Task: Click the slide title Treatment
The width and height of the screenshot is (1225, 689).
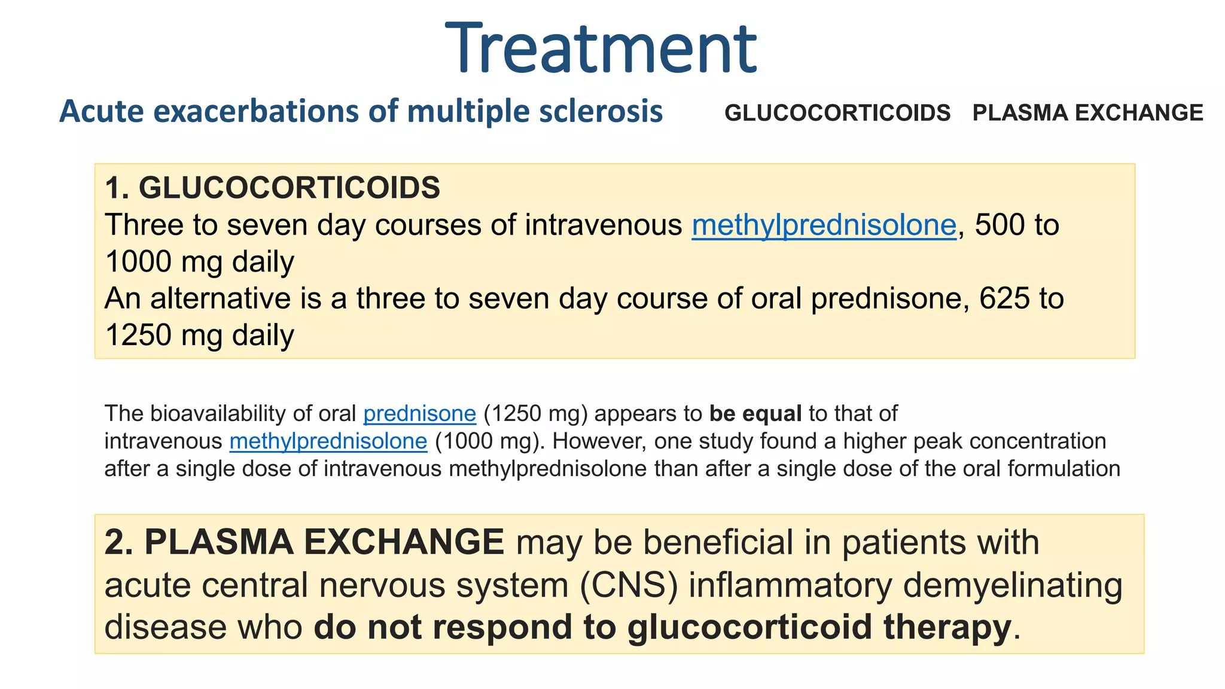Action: pyautogui.click(x=601, y=49)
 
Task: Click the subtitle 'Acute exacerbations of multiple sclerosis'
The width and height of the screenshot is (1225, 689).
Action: pyautogui.click(x=361, y=111)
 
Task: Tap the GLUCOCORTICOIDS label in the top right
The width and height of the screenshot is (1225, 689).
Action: pyautogui.click(x=837, y=113)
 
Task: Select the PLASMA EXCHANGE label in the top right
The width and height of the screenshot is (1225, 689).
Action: pyautogui.click(x=1087, y=113)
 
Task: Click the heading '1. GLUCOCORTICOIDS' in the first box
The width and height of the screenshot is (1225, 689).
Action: pyautogui.click(x=272, y=188)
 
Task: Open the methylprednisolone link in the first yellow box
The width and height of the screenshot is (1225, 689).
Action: pyautogui.click(x=824, y=225)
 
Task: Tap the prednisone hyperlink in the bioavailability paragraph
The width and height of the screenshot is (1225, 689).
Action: pyautogui.click(x=419, y=414)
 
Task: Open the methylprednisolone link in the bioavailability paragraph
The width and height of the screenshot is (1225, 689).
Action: pyautogui.click(x=328, y=441)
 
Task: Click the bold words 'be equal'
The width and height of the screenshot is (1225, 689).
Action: pyautogui.click(x=755, y=414)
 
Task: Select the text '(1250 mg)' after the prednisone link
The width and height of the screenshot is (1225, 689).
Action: pyautogui.click(x=535, y=414)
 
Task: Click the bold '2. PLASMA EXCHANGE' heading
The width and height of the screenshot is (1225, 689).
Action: pyautogui.click(x=304, y=542)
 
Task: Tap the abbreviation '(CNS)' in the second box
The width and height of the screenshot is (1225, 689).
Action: pyautogui.click(x=629, y=585)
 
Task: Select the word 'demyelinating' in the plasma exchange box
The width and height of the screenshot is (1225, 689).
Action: pyautogui.click(x=1012, y=585)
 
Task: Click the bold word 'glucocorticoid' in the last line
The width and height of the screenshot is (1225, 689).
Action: pyautogui.click(x=749, y=627)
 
